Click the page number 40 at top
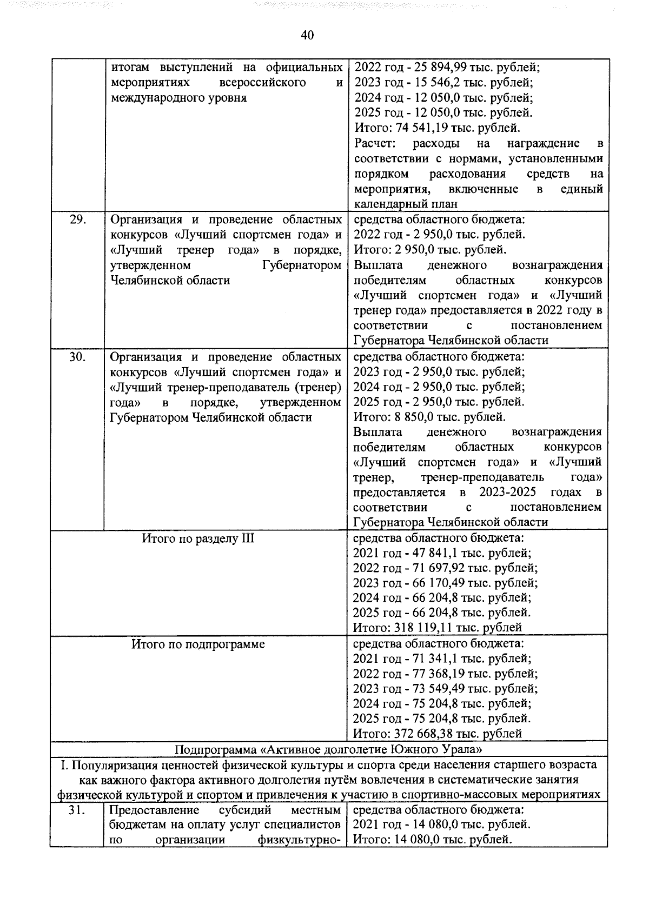(x=307, y=35)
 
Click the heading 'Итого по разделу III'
(x=198, y=538)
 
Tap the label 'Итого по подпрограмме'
(x=198, y=644)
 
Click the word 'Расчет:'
(x=376, y=143)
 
